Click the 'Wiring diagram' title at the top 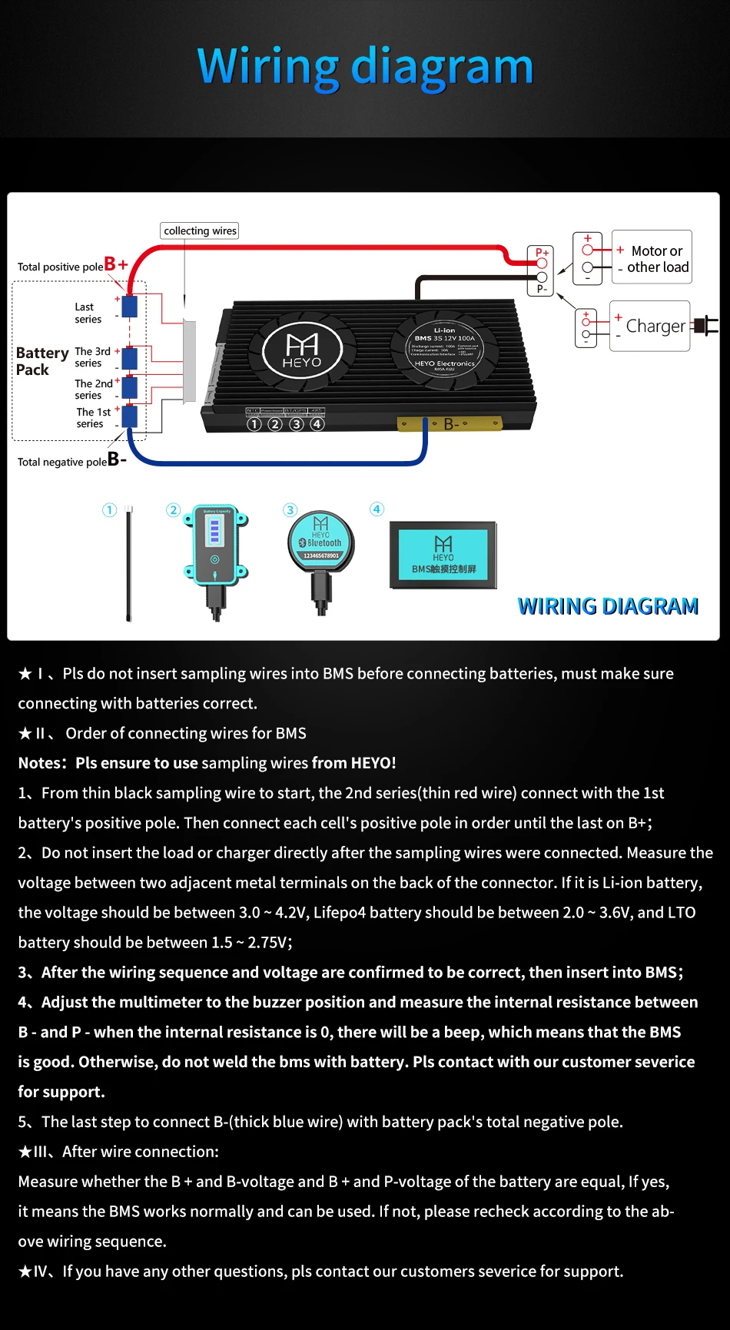coord(365,67)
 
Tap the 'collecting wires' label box coord(200,231)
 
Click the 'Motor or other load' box coord(652,257)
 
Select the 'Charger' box coord(650,326)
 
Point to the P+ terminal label coord(542,252)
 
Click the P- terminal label coord(542,289)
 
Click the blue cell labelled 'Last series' coord(130,306)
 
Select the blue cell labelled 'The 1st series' coord(130,417)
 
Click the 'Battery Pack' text coord(41,361)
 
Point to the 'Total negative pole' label coord(62,462)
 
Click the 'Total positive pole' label coord(60,267)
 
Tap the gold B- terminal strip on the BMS coord(450,423)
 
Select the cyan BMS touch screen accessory coord(443,556)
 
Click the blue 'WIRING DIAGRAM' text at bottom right coord(608,606)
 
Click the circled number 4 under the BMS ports coord(317,424)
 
